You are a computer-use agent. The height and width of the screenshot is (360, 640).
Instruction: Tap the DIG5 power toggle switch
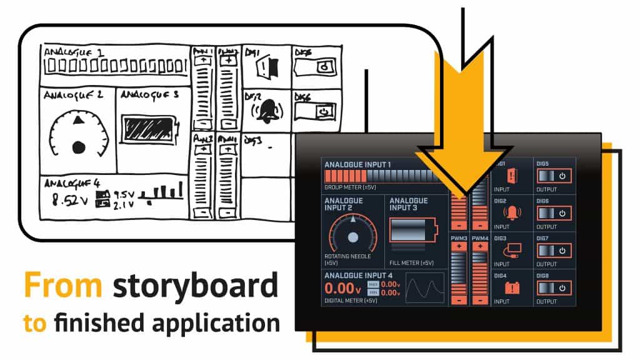[554, 176]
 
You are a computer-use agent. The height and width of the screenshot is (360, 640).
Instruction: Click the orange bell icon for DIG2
[512, 214]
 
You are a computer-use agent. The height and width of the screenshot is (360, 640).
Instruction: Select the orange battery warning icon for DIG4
[512, 288]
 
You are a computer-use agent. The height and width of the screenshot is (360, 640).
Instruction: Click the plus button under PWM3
[459, 246]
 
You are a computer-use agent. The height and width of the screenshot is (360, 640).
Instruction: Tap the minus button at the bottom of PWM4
[479, 300]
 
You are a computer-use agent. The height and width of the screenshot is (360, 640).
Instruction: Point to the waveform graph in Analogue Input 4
[425, 288]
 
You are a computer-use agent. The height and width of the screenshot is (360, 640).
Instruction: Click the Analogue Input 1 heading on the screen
[357, 164]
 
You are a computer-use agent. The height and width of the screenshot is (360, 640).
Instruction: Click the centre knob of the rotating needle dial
[353, 237]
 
